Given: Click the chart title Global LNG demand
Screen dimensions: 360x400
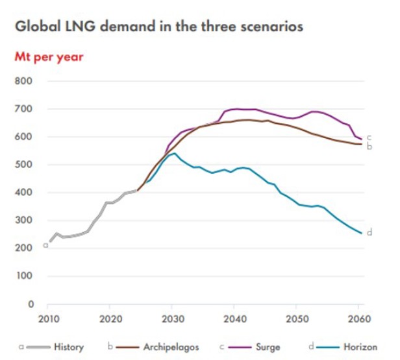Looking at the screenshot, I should click(158, 28).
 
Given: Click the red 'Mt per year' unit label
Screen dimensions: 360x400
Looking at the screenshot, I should click(49, 56).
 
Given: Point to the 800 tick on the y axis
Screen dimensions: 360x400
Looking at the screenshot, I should click(24, 82).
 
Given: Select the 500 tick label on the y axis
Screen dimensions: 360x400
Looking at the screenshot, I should click(24, 165).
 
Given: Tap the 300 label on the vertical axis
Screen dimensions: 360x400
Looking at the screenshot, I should click(24, 221).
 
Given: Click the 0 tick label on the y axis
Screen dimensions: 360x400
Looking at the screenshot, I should click(30, 304).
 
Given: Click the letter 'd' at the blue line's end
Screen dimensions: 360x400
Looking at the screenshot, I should click(369, 232).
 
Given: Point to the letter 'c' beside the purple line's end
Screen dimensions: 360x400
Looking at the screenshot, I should click(369, 138).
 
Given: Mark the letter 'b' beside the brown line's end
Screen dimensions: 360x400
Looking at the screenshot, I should click(369, 147).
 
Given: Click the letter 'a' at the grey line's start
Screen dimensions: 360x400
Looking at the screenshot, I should click(45, 245).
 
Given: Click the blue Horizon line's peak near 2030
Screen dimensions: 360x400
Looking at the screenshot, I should click(173, 153).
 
